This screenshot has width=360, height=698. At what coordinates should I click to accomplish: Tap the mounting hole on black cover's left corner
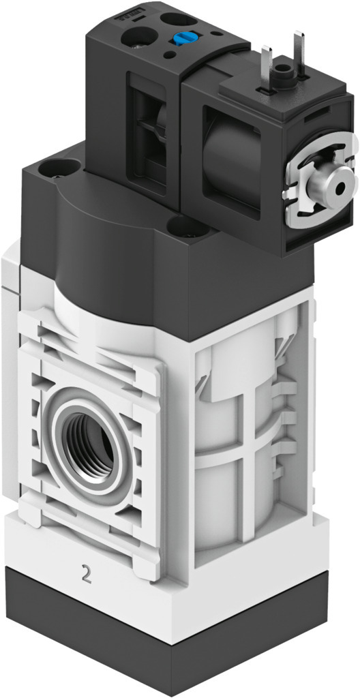56,165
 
